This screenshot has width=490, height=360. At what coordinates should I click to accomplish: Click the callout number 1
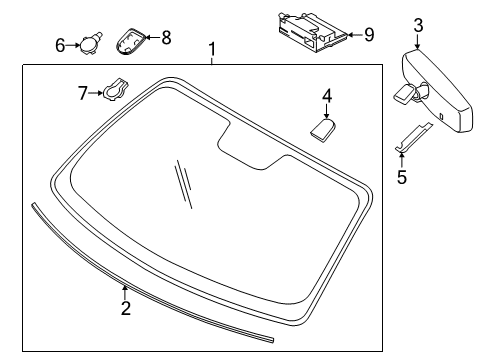pyautogui.click(x=211, y=49)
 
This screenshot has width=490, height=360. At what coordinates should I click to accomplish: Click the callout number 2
pyautogui.click(x=126, y=308)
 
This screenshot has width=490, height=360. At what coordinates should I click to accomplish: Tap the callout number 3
pyautogui.click(x=418, y=25)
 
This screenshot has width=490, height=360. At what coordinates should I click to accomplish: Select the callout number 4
pyautogui.click(x=326, y=96)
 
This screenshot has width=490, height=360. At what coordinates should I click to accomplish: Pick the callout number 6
pyautogui.click(x=60, y=44)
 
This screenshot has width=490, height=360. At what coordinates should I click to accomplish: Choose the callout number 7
pyautogui.click(x=84, y=93)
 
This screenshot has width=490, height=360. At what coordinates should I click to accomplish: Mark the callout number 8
pyautogui.click(x=166, y=38)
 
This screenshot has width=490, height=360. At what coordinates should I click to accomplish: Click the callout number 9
pyautogui.click(x=369, y=35)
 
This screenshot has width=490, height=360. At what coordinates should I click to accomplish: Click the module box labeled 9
pyautogui.click(x=308, y=31)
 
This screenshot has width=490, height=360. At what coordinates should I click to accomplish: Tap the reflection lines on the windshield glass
pyautogui.click(x=181, y=185)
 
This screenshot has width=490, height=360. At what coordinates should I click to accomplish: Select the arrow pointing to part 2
pyautogui.click(x=125, y=291)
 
